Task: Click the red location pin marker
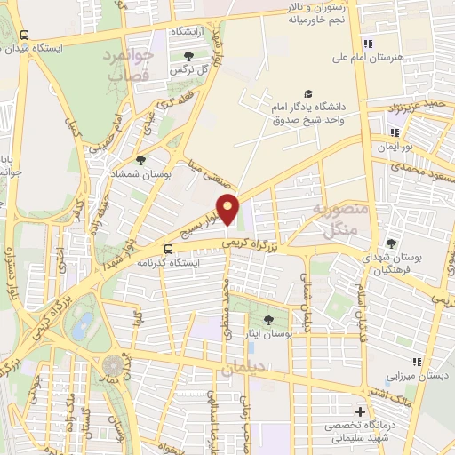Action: point(228,208)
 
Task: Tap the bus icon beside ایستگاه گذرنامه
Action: point(168,249)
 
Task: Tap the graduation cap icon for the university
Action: point(307,93)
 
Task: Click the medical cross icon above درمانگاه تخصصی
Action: point(360,412)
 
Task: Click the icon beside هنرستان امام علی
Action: point(367,44)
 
